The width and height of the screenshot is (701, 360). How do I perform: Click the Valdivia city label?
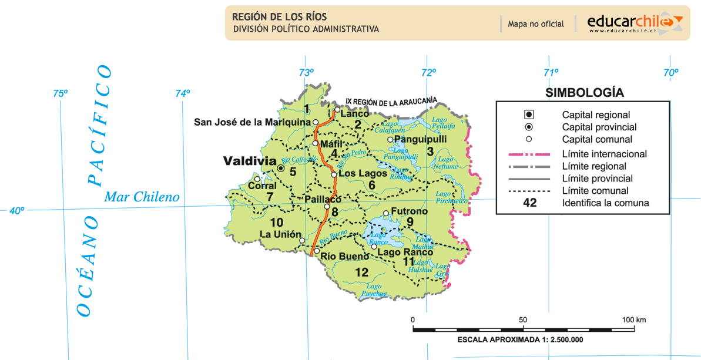(x=250, y=160)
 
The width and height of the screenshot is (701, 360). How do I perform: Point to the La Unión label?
(x=280, y=234)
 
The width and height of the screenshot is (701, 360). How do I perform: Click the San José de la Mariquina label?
(x=252, y=122)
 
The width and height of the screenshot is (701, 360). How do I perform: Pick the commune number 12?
(x=361, y=272)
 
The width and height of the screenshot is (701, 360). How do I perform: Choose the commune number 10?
(x=276, y=223)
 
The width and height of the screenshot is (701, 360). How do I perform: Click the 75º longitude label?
(x=61, y=93)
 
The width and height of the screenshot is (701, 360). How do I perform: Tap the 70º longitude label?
(x=670, y=73)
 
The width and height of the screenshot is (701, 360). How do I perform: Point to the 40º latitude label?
(x=16, y=210)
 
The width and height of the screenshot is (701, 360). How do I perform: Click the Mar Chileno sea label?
(x=142, y=197)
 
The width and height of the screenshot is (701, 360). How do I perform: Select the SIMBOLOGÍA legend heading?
(x=584, y=93)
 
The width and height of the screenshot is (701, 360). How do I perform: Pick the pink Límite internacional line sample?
(x=528, y=154)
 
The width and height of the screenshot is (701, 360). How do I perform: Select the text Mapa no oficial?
(x=536, y=24)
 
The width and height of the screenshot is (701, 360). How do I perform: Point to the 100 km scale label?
(x=633, y=319)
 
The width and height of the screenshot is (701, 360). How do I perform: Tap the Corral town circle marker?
(x=257, y=179)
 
